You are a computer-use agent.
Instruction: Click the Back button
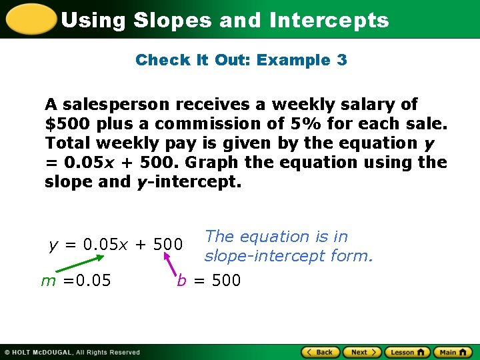(321, 352)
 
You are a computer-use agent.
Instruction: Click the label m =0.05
(76, 281)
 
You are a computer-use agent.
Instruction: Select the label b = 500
(209, 281)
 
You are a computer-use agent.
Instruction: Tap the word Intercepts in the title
(329, 20)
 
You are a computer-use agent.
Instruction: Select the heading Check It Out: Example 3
(241, 60)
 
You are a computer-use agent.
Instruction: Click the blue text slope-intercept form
(289, 255)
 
